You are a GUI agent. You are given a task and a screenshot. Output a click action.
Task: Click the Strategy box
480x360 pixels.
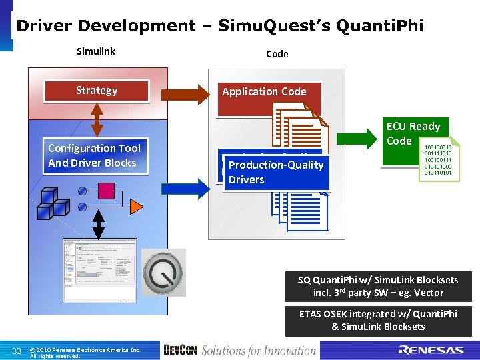coord(97,91)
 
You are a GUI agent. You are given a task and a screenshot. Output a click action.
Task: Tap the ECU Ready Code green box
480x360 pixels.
coord(413,133)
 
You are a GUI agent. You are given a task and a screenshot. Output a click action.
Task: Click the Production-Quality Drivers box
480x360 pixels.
coord(276,173)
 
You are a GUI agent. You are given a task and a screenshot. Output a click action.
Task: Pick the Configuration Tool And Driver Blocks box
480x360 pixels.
coord(94,156)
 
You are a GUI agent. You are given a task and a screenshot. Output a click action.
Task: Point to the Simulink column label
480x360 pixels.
coord(96,51)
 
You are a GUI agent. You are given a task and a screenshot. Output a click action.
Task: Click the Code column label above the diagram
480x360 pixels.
coord(277,54)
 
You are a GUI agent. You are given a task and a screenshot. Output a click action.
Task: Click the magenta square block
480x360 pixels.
coord(107,191)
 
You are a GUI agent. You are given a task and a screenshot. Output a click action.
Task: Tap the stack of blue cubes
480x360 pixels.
coord(52,201)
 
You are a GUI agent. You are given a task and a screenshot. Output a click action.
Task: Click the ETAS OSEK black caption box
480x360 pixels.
coord(378,320)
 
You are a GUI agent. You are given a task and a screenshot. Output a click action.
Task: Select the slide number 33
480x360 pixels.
coord(18,351)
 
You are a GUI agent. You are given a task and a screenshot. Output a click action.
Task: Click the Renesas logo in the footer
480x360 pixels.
coord(431,350)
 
